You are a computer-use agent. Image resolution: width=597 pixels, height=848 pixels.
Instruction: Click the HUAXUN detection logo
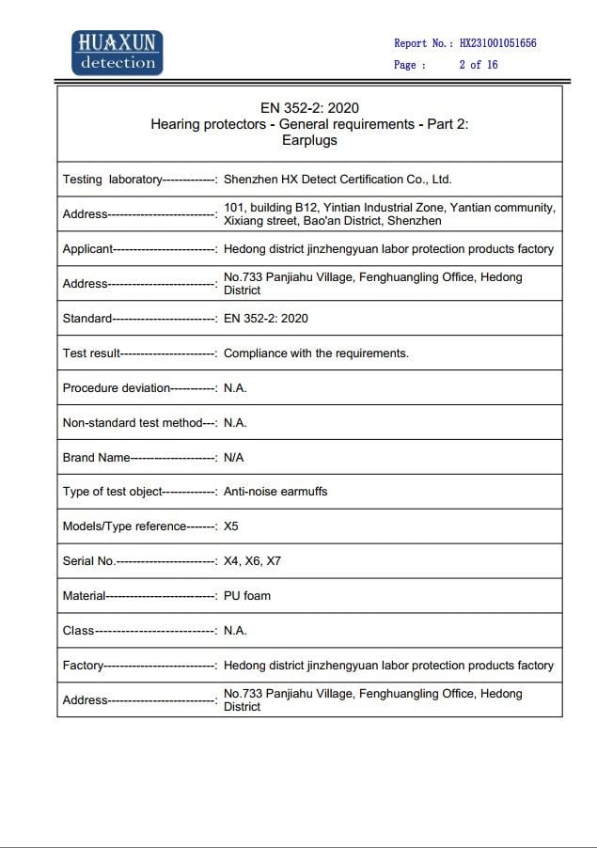pyautogui.click(x=118, y=52)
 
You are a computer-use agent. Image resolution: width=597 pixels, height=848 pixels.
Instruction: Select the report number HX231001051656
pyautogui.click(x=497, y=43)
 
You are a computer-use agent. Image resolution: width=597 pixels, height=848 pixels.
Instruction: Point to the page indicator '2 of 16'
pyautogui.click(x=478, y=65)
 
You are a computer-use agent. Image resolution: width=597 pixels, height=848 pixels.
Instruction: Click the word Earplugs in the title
pyautogui.click(x=309, y=140)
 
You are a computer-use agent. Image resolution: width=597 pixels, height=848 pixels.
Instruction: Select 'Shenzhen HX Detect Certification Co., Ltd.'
pyautogui.click(x=338, y=179)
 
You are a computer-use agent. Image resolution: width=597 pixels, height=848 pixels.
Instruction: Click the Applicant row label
pyautogui.click(x=87, y=249)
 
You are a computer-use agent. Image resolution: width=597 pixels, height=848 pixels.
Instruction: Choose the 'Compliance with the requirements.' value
pyautogui.click(x=316, y=353)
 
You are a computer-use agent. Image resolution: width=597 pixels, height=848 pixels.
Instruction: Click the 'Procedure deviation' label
pyautogui.click(x=117, y=388)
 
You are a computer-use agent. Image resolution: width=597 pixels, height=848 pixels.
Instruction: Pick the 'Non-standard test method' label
pyautogui.click(x=133, y=423)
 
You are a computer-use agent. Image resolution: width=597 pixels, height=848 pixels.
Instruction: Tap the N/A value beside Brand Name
pyautogui.click(x=234, y=457)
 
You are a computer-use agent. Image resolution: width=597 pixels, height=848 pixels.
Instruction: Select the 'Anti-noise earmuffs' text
pyautogui.click(x=275, y=492)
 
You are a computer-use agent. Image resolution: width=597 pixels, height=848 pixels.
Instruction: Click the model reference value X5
pyautogui.click(x=231, y=526)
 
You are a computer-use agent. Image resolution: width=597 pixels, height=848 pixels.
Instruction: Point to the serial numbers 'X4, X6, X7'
pyautogui.click(x=252, y=561)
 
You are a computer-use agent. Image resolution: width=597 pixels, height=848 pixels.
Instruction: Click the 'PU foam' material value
pyautogui.click(x=247, y=596)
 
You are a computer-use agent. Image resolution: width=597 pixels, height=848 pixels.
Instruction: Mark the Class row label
pyautogui.click(x=79, y=631)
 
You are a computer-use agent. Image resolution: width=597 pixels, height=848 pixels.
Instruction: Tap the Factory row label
pyautogui.click(x=83, y=666)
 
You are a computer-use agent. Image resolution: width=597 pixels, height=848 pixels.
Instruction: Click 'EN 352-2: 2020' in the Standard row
pyautogui.click(x=266, y=319)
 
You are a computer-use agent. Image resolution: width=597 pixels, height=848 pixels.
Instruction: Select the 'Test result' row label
pyautogui.click(x=91, y=353)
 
